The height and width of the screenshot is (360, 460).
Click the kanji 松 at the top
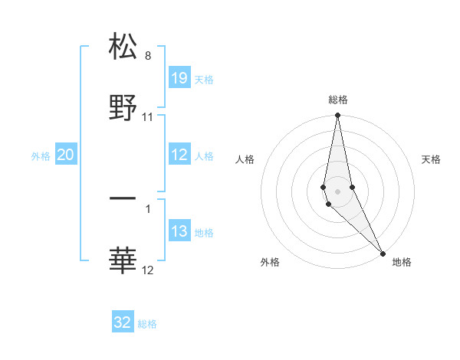coord(123,46)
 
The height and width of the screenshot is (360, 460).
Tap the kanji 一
coord(123,198)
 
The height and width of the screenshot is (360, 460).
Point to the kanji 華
coord(123,260)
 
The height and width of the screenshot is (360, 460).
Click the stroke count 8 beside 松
coord(147,56)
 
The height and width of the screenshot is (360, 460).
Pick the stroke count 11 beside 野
coord(148,117)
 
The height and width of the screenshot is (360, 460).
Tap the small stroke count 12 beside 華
coord(148,270)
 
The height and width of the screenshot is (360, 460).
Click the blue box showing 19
coord(179,78)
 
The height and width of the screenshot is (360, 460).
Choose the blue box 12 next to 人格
coord(179,155)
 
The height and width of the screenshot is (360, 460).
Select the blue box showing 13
coord(179,231)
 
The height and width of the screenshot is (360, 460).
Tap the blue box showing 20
coord(66,155)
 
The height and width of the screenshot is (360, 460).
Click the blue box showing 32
coord(123,322)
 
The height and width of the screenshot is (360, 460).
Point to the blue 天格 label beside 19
coord(204,80)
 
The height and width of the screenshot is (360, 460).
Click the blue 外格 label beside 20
coord(41,156)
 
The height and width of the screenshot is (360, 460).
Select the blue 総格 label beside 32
coord(147,324)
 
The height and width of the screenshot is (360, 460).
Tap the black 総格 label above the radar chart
coord(338,100)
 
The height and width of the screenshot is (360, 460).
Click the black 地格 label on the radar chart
coord(402,263)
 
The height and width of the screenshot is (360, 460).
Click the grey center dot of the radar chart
coord(338,191)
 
